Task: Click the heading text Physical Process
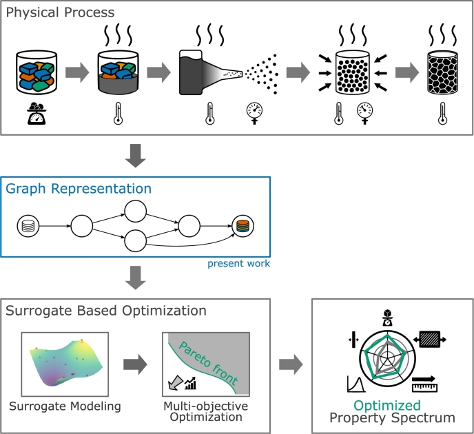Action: point(60,13)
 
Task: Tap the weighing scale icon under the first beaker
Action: point(37,114)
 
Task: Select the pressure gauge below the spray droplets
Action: point(254,114)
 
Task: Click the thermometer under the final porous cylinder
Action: point(442,114)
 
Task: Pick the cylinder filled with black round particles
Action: point(353,72)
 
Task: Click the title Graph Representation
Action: point(79,189)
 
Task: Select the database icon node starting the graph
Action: point(28,226)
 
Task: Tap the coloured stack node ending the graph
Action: point(243,226)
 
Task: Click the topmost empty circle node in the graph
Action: point(136,211)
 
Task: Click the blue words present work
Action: point(238,264)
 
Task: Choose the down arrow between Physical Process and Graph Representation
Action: point(136,156)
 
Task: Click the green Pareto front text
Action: point(208,362)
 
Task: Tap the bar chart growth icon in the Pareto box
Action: point(190,383)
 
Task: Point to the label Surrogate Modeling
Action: point(65,406)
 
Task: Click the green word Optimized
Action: point(387,406)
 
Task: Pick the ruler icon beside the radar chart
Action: point(424,384)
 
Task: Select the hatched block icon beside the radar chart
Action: point(430,340)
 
